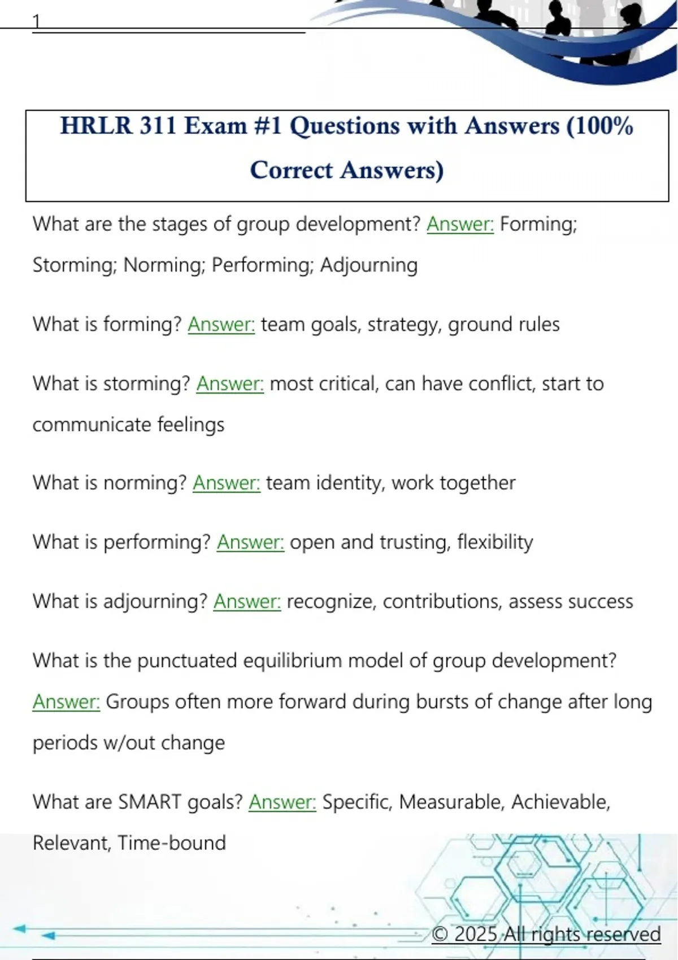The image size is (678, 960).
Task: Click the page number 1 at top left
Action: (x=37, y=21)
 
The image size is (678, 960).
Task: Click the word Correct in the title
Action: (x=292, y=170)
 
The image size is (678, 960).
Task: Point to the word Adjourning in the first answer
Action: (x=369, y=265)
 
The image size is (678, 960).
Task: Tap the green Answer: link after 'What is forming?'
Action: (x=221, y=324)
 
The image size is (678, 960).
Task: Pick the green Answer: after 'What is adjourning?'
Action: (x=247, y=601)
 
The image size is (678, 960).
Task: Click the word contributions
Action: (x=442, y=601)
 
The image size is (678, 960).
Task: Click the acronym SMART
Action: (x=150, y=802)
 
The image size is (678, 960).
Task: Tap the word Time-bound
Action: (x=172, y=843)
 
